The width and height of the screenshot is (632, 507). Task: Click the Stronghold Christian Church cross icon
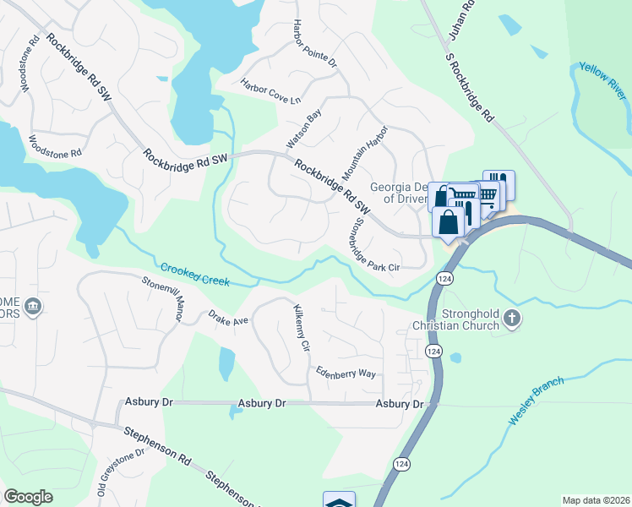(510, 319)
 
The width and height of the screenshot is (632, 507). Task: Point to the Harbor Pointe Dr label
(314, 45)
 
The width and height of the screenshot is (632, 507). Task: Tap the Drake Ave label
(229, 318)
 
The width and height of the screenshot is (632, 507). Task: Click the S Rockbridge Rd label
(469, 87)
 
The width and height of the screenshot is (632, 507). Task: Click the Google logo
(28, 497)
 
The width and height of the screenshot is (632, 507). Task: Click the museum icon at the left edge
(33, 305)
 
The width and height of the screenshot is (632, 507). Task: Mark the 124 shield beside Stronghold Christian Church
(433, 351)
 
